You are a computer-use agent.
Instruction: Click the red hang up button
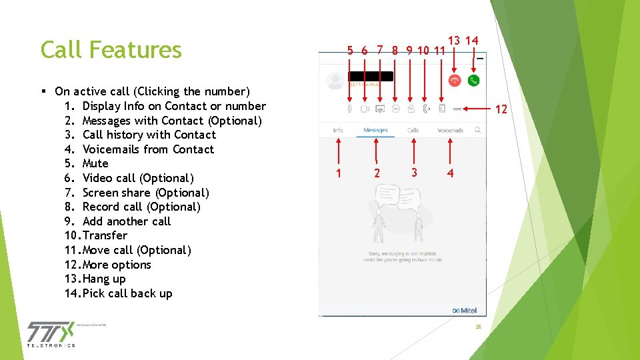pyautogui.click(x=455, y=80)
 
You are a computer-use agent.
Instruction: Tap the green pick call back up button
pyautogui.click(x=474, y=80)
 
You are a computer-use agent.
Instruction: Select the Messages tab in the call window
pyautogui.click(x=375, y=130)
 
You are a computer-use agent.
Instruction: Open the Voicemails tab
pyautogui.click(x=450, y=130)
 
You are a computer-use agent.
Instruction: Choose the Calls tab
pyautogui.click(x=413, y=130)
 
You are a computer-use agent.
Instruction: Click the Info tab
pyautogui.click(x=338, y=130)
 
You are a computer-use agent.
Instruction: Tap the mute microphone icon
pyautogui.click(x=350, y=108)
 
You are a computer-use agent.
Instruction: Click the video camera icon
pyautogui.click(x=365, y=108)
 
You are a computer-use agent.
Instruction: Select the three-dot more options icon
pyautogui.click(x=457, y=108)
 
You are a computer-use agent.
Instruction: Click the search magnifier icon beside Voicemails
pyautogui.click(x=478, y=130)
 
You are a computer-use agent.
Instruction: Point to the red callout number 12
pyautogui.click(x=501, y=109)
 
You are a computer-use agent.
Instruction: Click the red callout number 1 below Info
pyautogui.click(x=339, y=173)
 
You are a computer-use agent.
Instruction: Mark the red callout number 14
pyautogui.click(x=471, y=41)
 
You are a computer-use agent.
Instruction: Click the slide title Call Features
pyautogui.click(x=111, y=49)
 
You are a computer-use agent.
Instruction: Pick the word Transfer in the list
pyautogui.click(x=105, y=235)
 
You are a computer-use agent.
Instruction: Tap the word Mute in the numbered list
pyautogui.click(x=95, y=163)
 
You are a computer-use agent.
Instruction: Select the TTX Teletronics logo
pyautogui.click(x=51, y=333)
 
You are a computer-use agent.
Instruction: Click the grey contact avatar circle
pyautogui.click(x=335, y=81)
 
